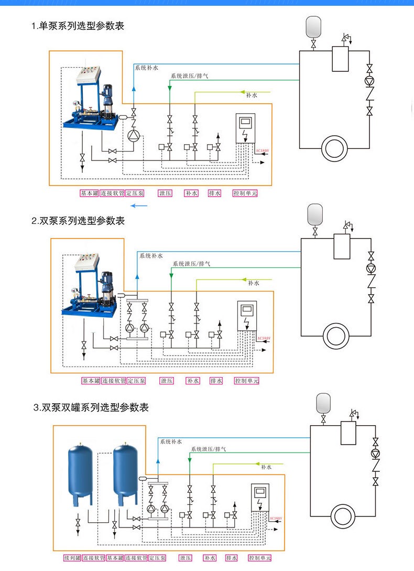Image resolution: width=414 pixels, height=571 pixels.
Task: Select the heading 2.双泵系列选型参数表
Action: pos(78,221)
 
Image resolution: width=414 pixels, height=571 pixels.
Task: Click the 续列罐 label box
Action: pos(73,558)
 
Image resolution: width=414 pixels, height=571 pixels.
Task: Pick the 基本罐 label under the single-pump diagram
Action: pos(89,193)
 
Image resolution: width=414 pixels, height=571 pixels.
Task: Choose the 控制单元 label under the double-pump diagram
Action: pos(246,381)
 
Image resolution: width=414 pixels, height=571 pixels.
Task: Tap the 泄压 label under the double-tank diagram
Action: pos(186,558)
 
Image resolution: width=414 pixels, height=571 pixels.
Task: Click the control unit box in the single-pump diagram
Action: pos(245,128)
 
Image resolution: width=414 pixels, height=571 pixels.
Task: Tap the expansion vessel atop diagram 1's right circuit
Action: pos(313,26)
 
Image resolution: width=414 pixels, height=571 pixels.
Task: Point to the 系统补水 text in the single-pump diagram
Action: pos(146,68)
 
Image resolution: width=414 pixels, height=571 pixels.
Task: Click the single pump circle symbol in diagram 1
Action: pos(134,136)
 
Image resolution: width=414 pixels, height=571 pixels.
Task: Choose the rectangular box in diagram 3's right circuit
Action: pos(348,433)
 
